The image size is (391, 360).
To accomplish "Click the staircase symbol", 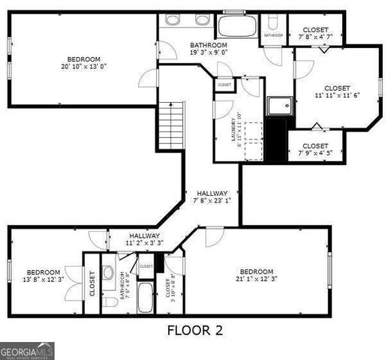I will coord(172,125).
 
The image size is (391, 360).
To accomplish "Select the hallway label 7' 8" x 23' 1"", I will coord(212,200).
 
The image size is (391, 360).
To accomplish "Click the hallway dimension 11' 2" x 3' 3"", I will coord(144,243).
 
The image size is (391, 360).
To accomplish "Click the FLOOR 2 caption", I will coord(194,330).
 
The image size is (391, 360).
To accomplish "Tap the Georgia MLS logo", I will coord(28,351).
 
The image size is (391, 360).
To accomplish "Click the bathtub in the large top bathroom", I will coord(236,27).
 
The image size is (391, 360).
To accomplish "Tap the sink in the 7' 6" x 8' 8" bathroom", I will coord(108,272).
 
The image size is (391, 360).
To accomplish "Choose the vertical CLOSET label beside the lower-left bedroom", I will coord(92,283).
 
